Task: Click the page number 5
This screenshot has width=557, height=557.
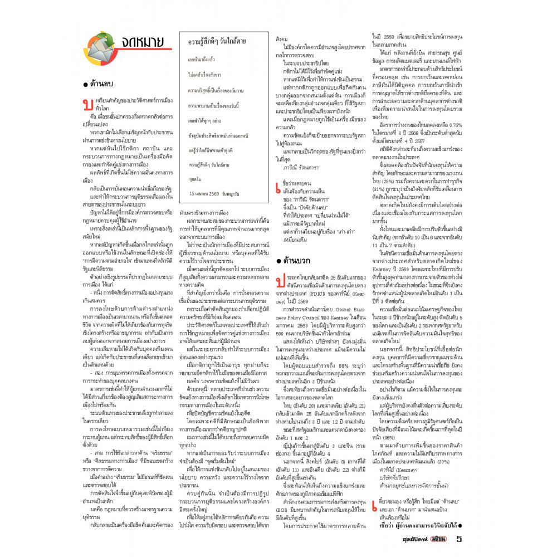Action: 459,538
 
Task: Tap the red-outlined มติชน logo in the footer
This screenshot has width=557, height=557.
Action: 437,539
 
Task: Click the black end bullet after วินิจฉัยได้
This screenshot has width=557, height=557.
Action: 461,525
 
